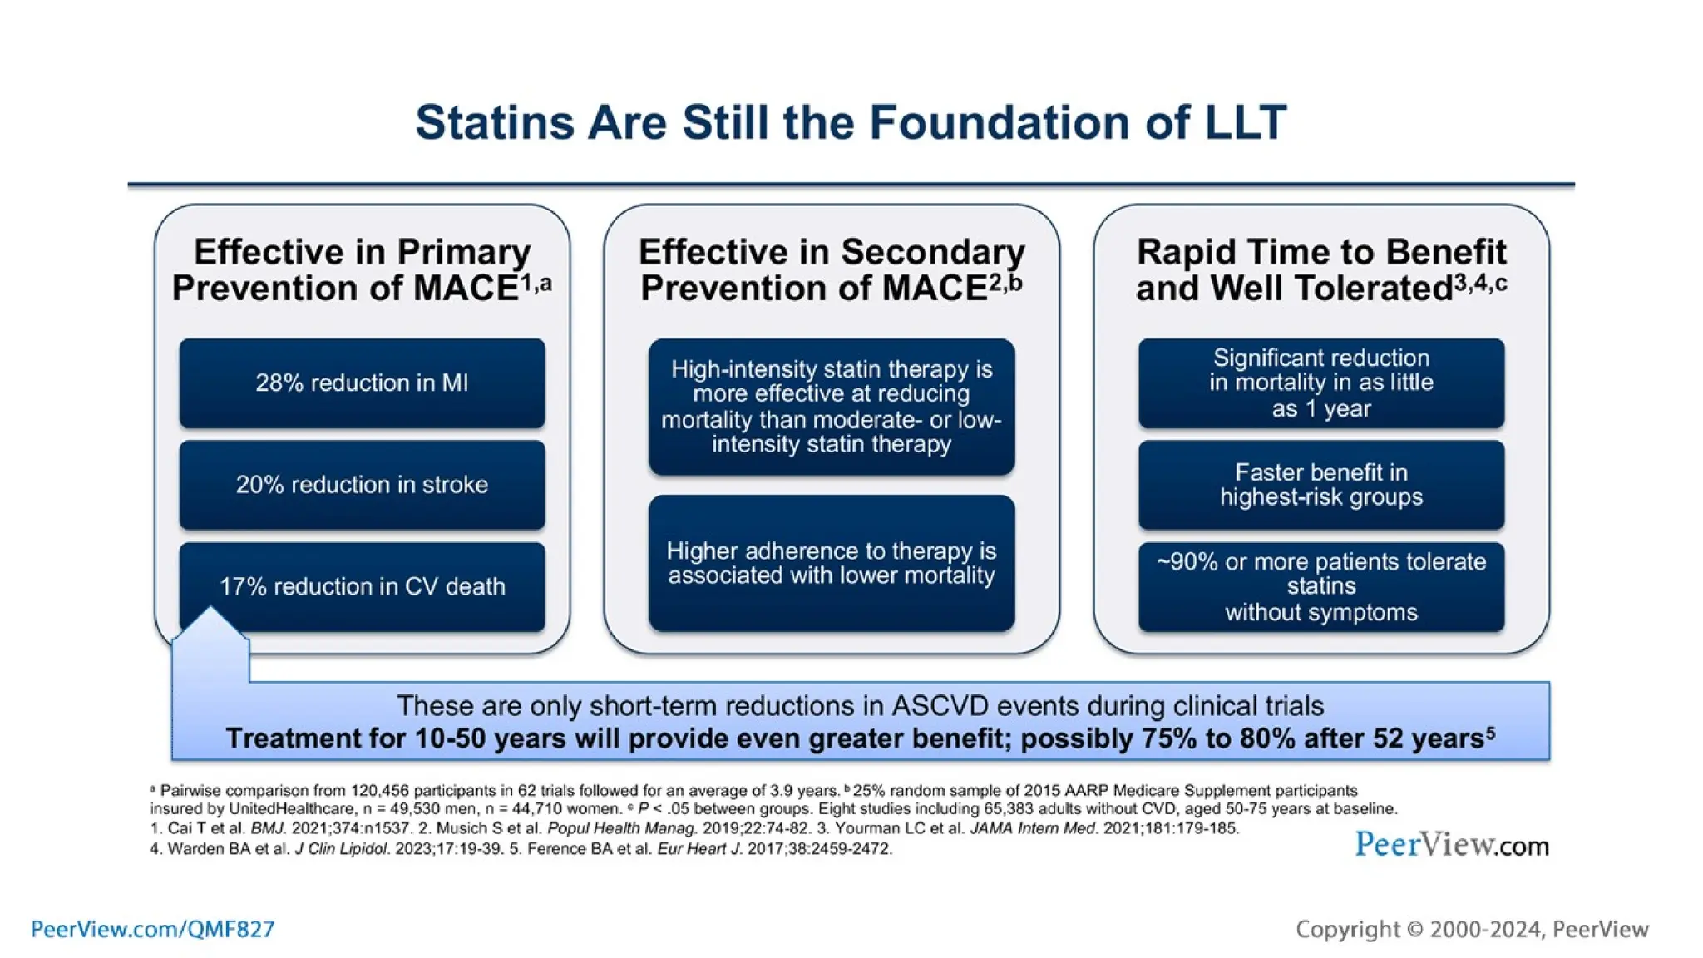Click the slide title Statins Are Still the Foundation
(x=851, y=123)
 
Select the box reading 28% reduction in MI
(x=362, y=383)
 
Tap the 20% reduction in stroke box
(x=362, y=485)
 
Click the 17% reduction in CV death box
(x=362, y=586)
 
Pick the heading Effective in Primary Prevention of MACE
(x=362, y=270)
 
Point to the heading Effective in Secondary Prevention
(x=831, y=270)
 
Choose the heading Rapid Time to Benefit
(x=1320, y=270)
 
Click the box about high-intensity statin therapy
(x=831, y=407)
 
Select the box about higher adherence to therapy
(x=831, y=563)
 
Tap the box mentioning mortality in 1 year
(x=1320, y=383)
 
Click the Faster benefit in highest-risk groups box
(x=1320, y=485)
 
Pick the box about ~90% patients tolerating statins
(x=1320, y=587)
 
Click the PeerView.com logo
(x=1451, y=845)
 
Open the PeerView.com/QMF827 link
(x=153, y=929)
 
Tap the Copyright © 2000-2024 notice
(x=1472, y=929)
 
